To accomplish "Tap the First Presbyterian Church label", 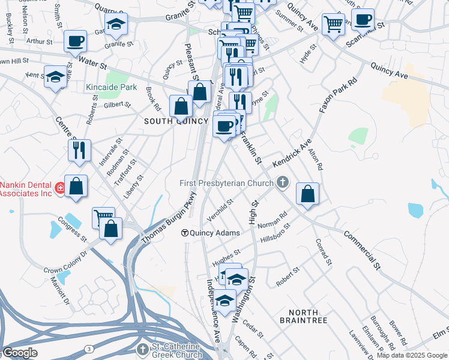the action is [x=228, y=182].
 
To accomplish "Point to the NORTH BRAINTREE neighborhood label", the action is [x=303, y=316].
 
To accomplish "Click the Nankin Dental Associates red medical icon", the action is [x=60, y=189].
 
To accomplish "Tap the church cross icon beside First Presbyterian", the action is [x=282, y=182].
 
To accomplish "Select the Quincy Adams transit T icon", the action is [x=186, y=233].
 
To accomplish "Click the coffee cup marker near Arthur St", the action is [x=76, y=41].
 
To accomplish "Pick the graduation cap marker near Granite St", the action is [x=116, y=25].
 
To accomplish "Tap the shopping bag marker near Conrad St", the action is [x=307, y=194].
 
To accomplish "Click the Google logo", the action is [x=20, y=353].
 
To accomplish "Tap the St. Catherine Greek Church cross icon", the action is [x=142, y=349].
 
